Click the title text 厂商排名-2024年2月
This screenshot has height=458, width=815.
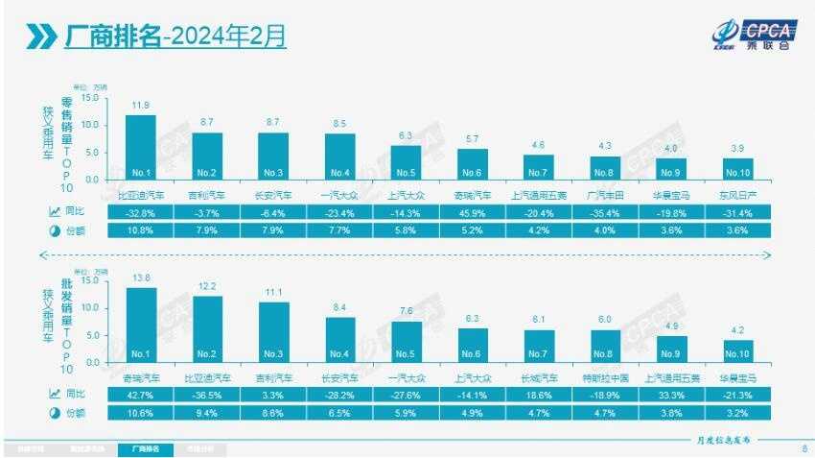(175, 36)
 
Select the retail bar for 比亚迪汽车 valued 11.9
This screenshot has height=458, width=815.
(141, 147)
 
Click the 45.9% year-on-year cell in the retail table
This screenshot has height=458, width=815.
(473, 211)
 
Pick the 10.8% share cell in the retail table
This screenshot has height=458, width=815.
(141, 230)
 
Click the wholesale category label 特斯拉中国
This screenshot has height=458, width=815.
(605, 377)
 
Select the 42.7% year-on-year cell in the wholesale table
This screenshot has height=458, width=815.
(141, 395)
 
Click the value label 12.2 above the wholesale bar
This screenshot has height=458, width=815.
(207, 286)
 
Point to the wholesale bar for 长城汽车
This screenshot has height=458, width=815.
(539, 347)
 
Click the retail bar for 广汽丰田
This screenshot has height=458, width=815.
(605, 168)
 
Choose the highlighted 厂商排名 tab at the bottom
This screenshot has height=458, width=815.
(146, 448)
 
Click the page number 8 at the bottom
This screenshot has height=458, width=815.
(803, 448)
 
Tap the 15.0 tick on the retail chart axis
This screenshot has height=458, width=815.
(91, 98)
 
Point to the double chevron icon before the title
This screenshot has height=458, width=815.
(41, 36)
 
